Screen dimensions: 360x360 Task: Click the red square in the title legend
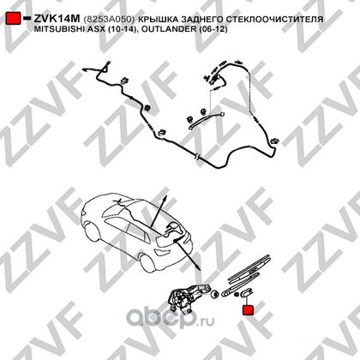13,18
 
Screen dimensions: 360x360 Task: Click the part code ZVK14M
57,19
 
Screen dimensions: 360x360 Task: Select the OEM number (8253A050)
109,20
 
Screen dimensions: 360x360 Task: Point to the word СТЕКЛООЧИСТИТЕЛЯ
275,20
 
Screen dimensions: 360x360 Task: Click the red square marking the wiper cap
249,310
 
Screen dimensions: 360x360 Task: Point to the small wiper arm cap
247,293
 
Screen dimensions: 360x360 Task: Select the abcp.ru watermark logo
171,318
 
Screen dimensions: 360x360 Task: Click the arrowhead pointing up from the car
165,199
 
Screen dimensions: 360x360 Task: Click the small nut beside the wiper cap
237,294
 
